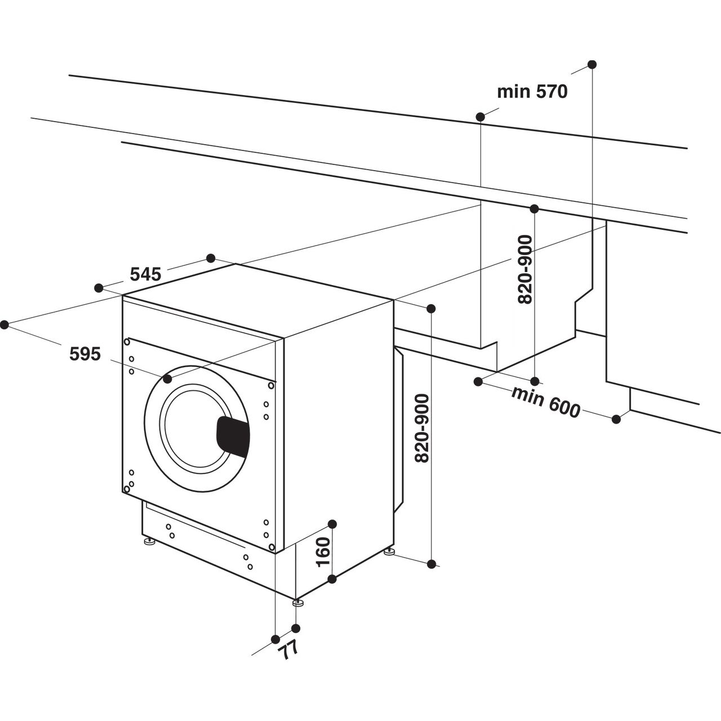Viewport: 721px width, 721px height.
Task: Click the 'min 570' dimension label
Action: click(532, 92)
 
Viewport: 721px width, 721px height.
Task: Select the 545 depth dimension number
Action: click(146, 274)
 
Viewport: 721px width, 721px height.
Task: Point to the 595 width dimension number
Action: click(85, 354)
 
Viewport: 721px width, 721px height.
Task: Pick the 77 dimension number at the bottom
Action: click(289, 652)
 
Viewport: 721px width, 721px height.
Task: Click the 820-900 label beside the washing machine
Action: click(421, 428)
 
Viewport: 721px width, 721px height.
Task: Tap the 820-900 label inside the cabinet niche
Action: click(524, 269)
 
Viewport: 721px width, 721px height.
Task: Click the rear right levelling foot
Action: click(389, 552)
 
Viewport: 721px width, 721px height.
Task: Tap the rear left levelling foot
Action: click(149, 543)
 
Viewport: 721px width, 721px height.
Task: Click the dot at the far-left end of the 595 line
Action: click(5, 324)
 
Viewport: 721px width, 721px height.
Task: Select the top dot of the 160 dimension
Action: click(332, 524)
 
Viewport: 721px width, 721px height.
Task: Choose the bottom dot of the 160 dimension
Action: click(332, 578)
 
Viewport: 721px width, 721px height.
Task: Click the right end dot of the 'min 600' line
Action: click(616, 419)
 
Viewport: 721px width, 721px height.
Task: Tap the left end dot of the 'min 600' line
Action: click(478, 381)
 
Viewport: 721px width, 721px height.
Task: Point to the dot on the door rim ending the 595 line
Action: click(167, 379)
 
